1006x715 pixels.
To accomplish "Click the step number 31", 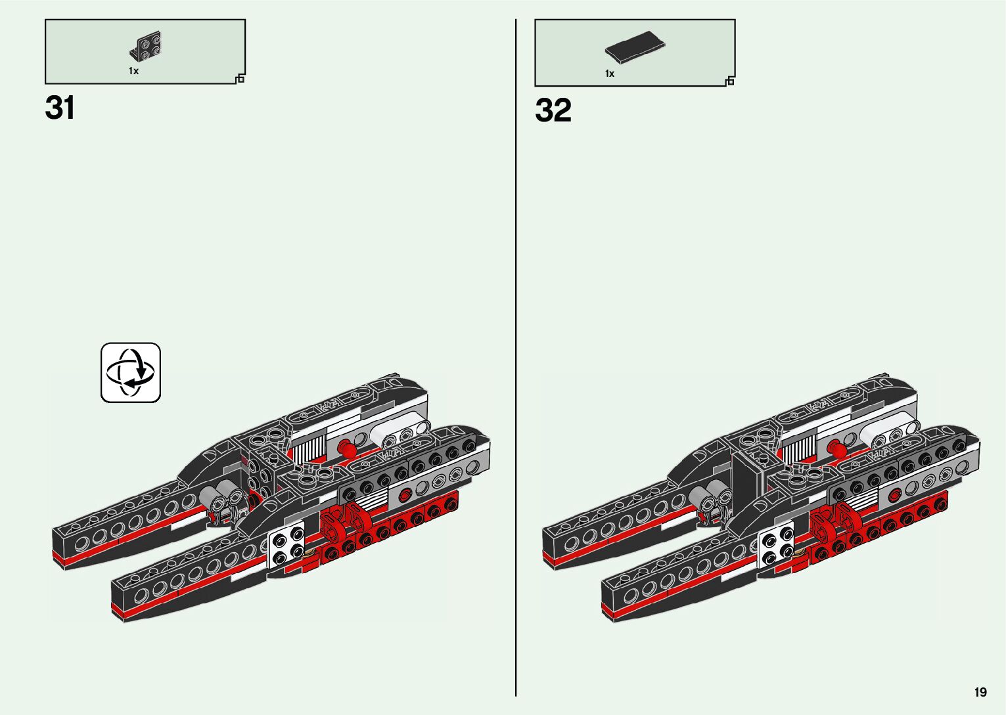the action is click(x=60, y=108).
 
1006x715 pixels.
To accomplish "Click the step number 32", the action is click(x=553, y=111).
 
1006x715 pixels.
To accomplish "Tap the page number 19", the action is click(x=980, y=692).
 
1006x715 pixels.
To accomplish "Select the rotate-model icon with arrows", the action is click(x=131, y=372).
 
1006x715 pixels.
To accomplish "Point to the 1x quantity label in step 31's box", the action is click(x=133, y=71).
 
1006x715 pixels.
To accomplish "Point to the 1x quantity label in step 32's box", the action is click(x=610, y=74).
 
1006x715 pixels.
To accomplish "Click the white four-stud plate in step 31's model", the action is click(x=286, y=545).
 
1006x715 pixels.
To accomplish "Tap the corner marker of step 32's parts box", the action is click(x=730, y=81).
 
